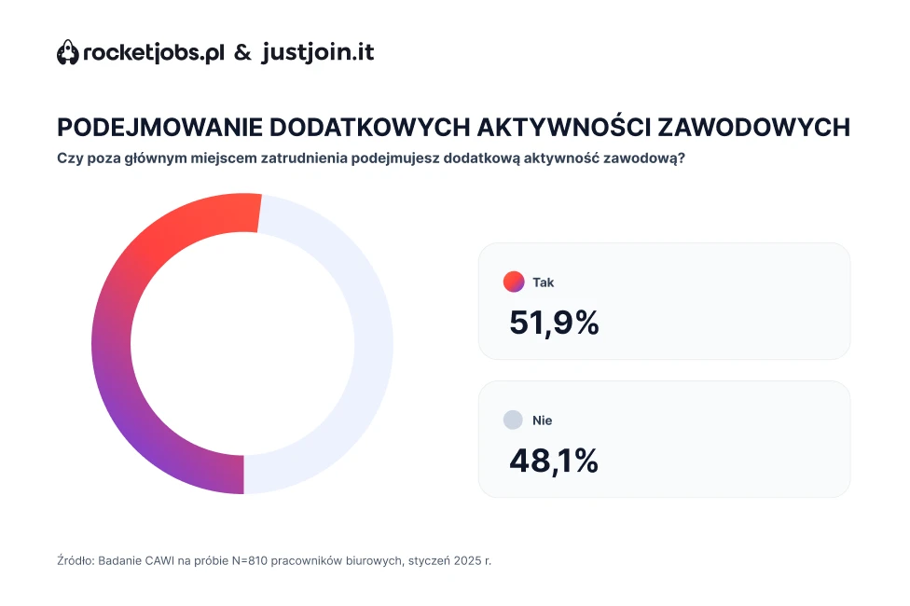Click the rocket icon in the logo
[x=68, y=53]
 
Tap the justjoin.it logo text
[x=318, y=52]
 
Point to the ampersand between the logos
[x=242, y=53]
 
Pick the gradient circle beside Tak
[x=513, y=282]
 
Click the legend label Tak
[x=544, y=282]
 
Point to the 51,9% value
[x=554, y=323]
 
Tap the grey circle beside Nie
[x=513, y=420]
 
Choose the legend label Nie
[x=543, y=420]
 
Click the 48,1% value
[x=553, y=461]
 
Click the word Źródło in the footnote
[x=75, y=561]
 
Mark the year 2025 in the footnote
[x=473, y=561]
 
